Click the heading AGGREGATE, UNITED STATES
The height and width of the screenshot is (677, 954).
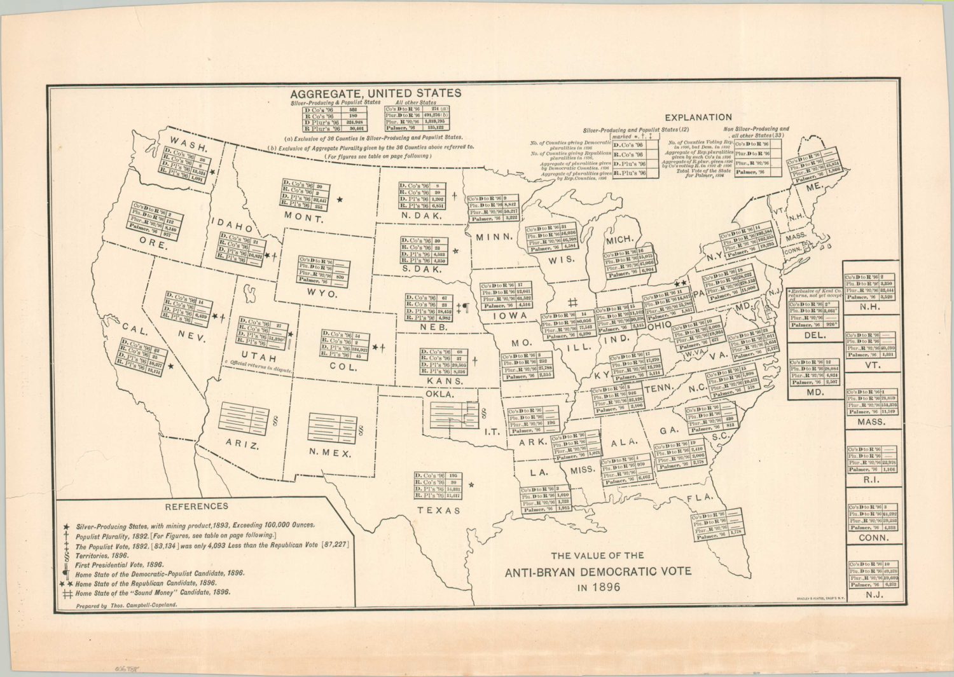tap(375, 93)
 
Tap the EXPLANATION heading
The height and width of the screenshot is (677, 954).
tap(698, 117)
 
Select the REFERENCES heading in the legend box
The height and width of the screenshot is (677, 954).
tap(196, 507)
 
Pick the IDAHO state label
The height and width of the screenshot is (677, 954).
tap(232, 225)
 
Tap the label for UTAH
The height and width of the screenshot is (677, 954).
tap(258, 358)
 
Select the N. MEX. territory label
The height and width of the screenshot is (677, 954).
tap(329, 453)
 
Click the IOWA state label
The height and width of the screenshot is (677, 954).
tap(510, 315)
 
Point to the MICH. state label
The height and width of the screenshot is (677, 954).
tap(619, 240)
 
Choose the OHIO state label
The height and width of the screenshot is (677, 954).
tap(659, 325)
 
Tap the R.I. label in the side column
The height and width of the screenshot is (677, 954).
tap(871, 480)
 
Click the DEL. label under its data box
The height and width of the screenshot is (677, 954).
tap(815, 335)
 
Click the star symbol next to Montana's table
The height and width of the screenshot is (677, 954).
tap(340, 200)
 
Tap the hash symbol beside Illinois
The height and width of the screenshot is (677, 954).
tap(572, 303)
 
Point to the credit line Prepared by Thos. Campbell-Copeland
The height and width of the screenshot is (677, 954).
tap(126, 606)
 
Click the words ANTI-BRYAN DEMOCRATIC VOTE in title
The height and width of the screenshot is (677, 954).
tap(598, 571)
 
